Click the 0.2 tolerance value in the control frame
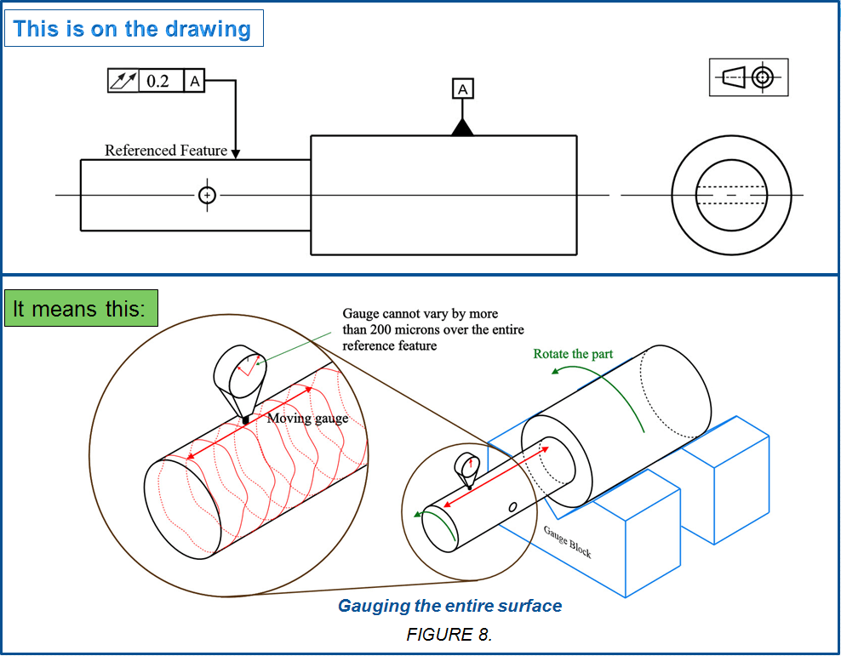pyautogui.click(x=157, y=82)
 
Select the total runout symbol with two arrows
pyautogui.click(x=123, y=82)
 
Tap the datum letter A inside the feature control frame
pyautogui.click(x=195, y=82)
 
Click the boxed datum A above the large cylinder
pyautogui.click(x=462, y=89)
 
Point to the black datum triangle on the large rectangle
pyautogui.click(x=462, y=128)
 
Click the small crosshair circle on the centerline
pyautogui.click(x=207, y=195)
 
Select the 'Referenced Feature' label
pyautogui.click(x=166, y=151)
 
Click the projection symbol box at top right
pyautogui.click(x=748, y=77)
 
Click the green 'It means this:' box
pyautogui.click(x=81, y=308)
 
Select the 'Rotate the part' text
pyautogui.click(x=573, y=354)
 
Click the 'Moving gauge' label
pyautogui.click(x=307, y=418)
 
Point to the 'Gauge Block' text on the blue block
pyautogui.click(x=567, y=541)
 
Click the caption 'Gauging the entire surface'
pyautogui.click(x=449, y=606)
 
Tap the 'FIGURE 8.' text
pyautogui.click(x=449, y=635)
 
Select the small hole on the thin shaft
pyautogui.click(x=512, y=506)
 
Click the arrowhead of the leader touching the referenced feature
pyautogui.click(x=236, y=154)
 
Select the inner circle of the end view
pyautogui.click(x=737, y=196)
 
